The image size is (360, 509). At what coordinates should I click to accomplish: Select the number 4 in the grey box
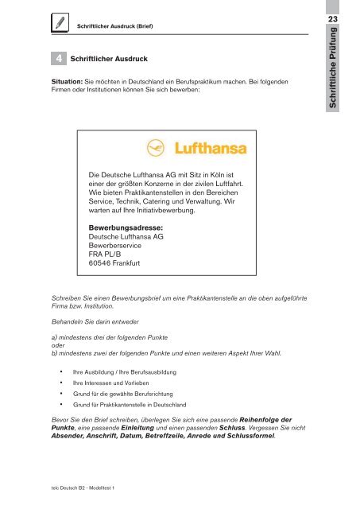58,58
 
